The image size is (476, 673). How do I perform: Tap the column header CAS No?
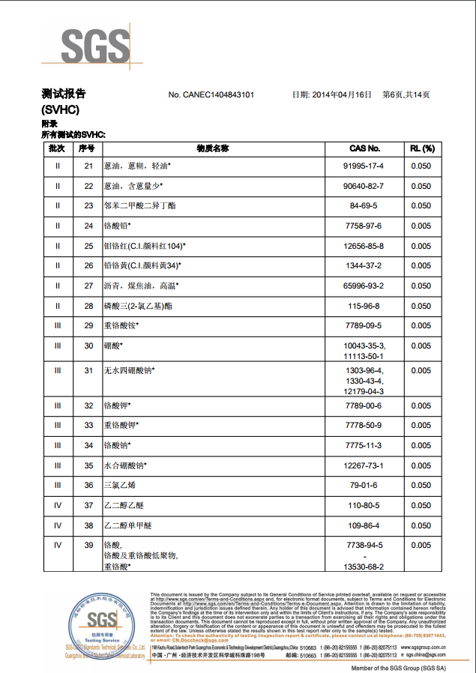tap(365, 148)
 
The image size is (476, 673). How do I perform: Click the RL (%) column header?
tap(421, 148)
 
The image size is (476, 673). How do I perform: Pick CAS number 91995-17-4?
tap(364, 166)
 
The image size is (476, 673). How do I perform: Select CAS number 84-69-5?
tap(364, 205)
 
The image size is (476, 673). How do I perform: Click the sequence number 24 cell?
tap(88, 226)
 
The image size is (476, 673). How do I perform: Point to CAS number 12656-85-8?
tap(364, 246)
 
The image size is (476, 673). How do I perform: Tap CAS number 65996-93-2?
tap(364, 286)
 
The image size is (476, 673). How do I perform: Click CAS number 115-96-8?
tap(364, 306)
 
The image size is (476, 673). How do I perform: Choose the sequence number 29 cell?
tap(88, 325)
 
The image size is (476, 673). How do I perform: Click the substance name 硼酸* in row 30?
tap(113, 345)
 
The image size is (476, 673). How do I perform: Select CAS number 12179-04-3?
tap(364, 391)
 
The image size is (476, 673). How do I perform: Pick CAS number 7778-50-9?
tap(364, 425)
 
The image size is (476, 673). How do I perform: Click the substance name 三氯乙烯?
tap(121, 485)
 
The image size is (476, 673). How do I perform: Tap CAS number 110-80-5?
tap(364, 505)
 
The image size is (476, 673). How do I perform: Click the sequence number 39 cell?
tap(88, 545)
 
